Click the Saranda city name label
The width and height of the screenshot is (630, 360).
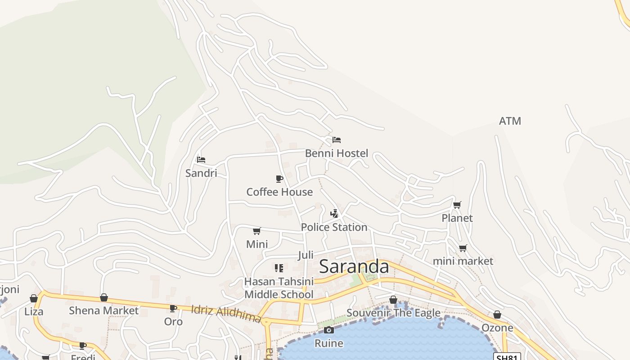tap(354, 266)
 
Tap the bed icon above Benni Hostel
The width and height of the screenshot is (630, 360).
tap(336, 140)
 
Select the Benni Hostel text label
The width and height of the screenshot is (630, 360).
tap(336, 153)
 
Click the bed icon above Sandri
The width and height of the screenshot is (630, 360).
tap(201, 160)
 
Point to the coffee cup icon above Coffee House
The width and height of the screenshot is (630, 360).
tap(279, 179)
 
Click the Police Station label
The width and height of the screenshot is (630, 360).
tap(334, 227)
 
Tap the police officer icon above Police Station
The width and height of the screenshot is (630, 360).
tap(334, 214)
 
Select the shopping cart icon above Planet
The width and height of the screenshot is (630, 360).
tap(457, 205)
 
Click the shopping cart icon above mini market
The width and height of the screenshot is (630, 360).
tap(463, 248)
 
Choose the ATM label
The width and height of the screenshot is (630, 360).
tap(510, 121)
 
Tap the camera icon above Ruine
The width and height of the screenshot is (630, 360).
tap(328, 330)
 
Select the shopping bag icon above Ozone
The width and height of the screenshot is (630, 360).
tap(497, 315)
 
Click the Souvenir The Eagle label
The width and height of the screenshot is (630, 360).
tap(393, 313)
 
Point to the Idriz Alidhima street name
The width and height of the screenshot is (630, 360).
tap(226, 314)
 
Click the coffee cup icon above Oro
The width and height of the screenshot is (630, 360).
tap(173, 309)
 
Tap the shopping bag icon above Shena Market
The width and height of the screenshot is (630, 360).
tap(103, 297)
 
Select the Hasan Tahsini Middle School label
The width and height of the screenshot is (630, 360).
tap(279, 288)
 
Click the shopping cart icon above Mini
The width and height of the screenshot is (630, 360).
tap(256, 231)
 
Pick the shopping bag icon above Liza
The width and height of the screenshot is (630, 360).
tap(34, 298)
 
